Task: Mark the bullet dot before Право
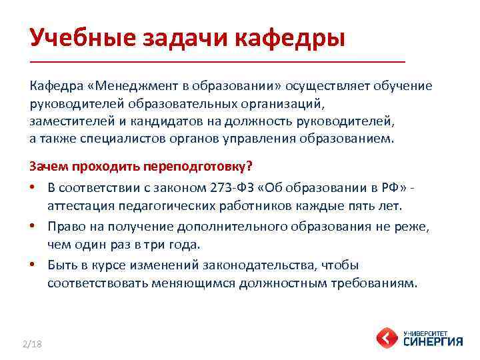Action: pos(33,227)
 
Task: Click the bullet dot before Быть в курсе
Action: pos(33,265)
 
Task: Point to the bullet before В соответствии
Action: pos(33,187)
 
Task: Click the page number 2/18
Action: pos(31,344)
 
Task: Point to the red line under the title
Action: pos(217,61)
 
